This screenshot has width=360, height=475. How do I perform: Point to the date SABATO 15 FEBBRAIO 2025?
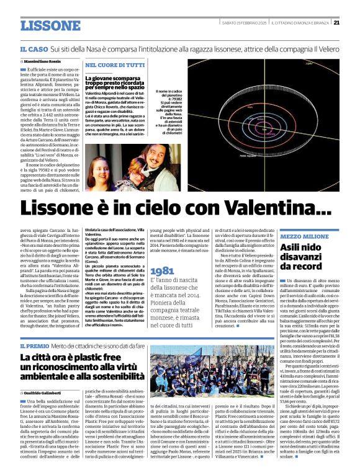[x=240, y=23]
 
